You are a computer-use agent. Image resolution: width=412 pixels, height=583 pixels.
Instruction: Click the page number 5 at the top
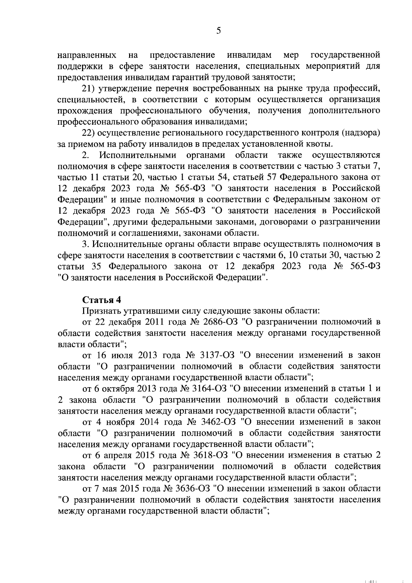tap(218, 31)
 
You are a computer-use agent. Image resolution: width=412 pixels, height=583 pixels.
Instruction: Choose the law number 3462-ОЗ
tap(216, 422)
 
